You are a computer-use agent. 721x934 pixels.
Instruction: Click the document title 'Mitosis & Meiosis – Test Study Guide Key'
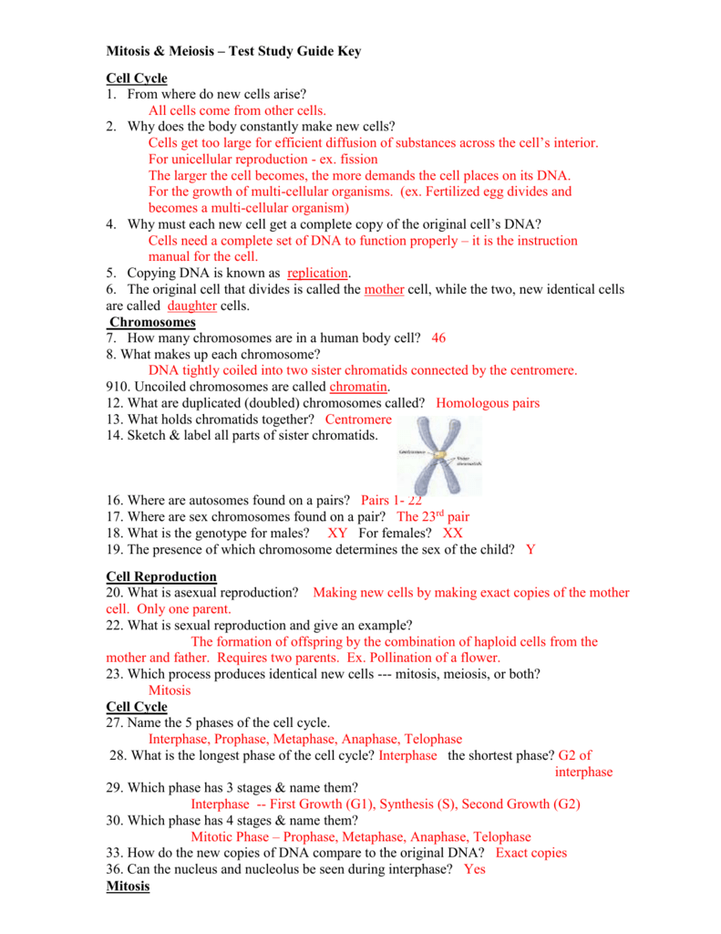point(233,51)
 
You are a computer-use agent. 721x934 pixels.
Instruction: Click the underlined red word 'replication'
point(318,273)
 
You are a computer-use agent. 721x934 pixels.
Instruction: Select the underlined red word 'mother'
point(383,289)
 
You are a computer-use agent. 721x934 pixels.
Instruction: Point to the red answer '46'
point(438,337)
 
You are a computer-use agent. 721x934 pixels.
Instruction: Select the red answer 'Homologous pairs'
point(488,403)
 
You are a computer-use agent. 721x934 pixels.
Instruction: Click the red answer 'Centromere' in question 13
point(357,420)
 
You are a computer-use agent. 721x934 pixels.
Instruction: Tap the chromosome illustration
point(441,455)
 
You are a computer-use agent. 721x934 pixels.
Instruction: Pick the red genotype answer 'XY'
point(337,533)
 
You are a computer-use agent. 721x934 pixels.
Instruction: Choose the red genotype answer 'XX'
point(453,533)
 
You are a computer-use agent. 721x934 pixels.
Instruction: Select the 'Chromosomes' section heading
point(152,322)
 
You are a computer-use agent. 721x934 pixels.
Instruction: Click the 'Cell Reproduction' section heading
point(161,576)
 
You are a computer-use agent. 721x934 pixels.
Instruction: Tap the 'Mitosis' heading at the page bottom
point(128,887)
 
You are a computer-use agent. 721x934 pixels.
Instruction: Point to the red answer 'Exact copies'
point(530,853)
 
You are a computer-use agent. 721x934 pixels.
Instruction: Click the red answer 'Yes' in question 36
point(475,870)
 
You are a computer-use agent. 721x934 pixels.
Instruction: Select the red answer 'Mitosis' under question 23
point(170,690)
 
